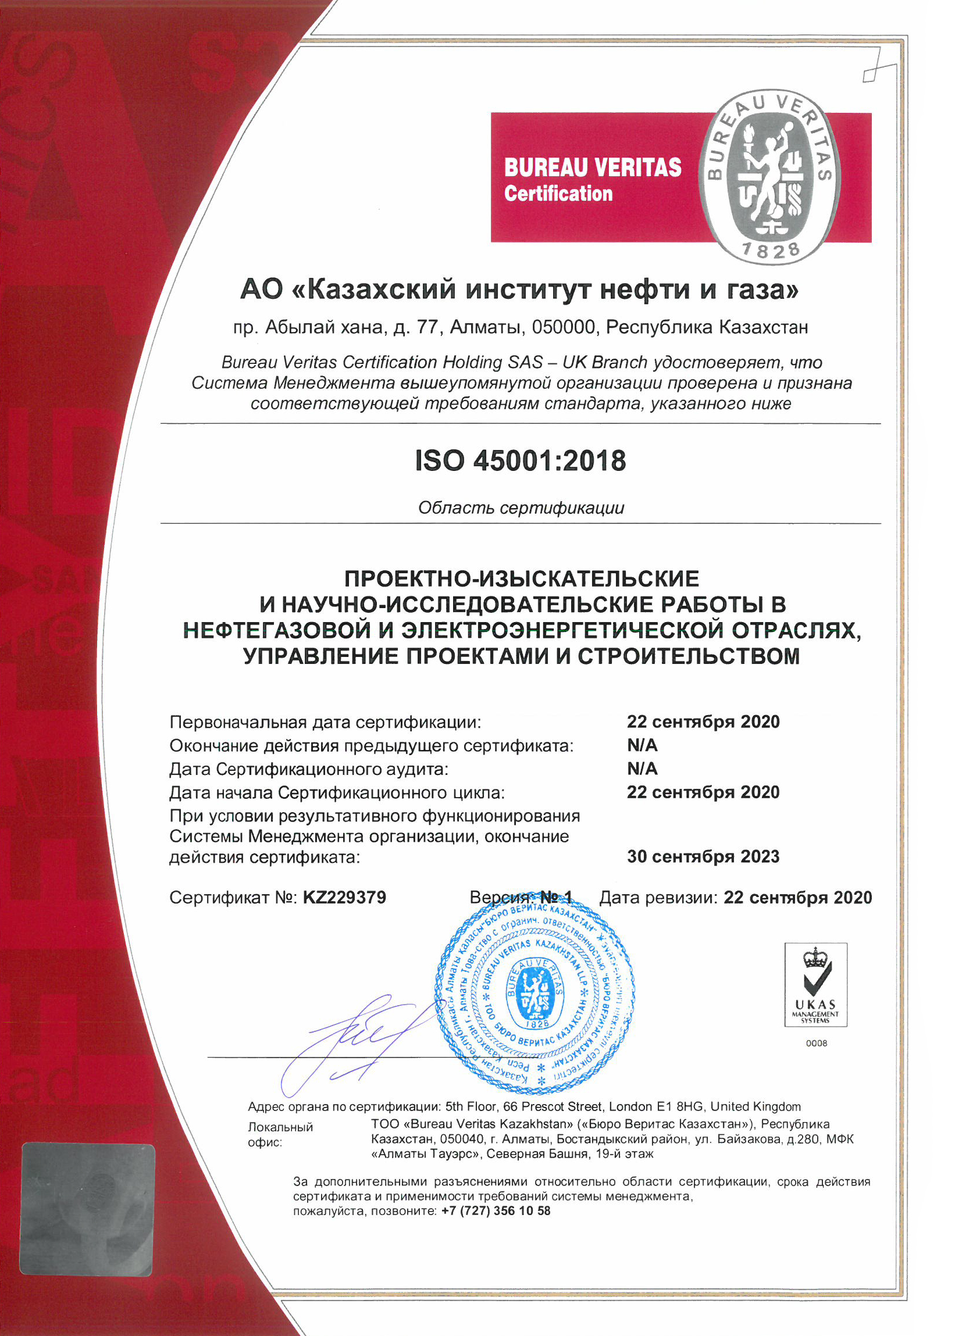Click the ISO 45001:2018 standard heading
pyautogui.click(x=521, y=460)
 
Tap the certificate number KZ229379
pyautogui.click(x=344, y=898)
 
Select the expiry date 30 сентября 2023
pyautogui.click(x=703, y=856)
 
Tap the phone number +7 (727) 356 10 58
pyautogui.click(x=496, y=1211)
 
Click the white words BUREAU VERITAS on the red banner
pyautogui.click(x=592, y=167)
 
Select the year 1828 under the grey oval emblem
pyautogui.click(x=771, y=251)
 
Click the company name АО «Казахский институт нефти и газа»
pyautogui.click(x=519, y=289)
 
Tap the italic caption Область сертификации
pyautogui.click(x=521, y=508)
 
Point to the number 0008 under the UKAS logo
pyautogui.click(x=816, y=1044)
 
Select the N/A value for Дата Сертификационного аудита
pyautogui.click(x=642, y=769)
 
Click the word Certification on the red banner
pyautogui.click(x=558, y=194)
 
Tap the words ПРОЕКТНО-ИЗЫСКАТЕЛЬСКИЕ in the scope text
pyautogui.click(x=521, y=579)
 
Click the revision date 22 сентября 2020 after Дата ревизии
pyautogui.click(x=797, y=898)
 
